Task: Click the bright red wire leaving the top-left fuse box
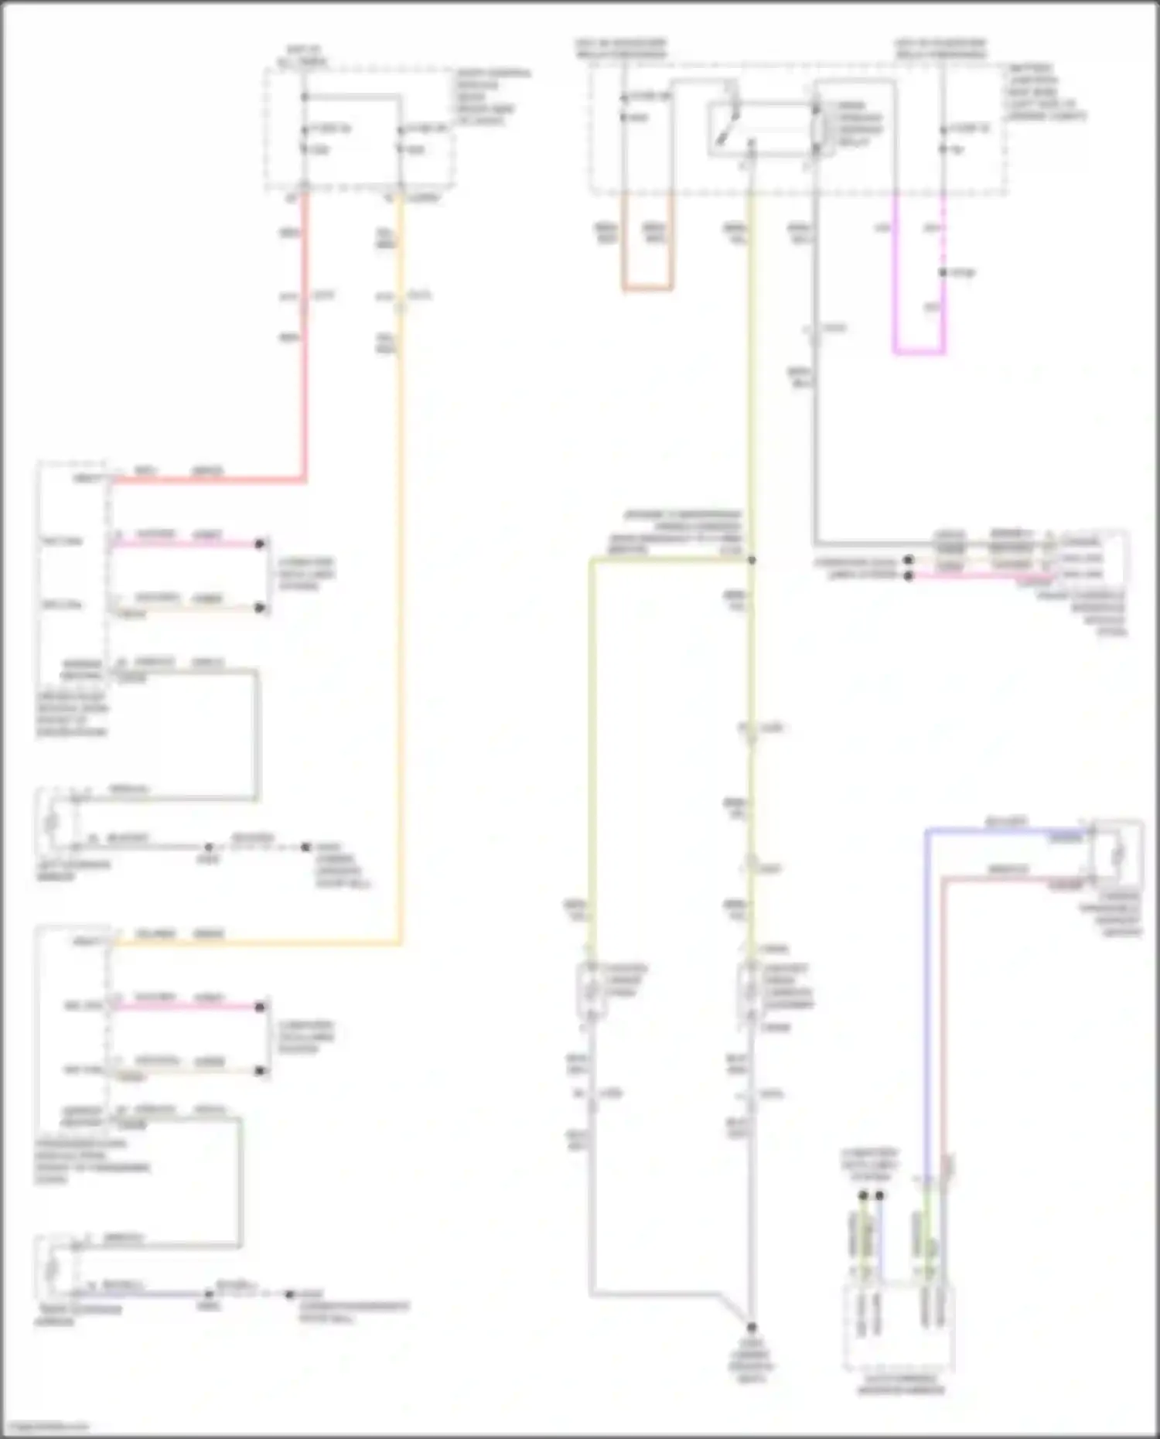point(305,348)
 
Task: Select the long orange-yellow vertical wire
point(400,619)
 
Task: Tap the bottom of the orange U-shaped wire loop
point(647,290)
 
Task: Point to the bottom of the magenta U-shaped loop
point(919,353)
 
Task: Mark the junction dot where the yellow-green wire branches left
point(751,560)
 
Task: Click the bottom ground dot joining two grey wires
point(751,1327)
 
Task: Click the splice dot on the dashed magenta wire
point(943,272)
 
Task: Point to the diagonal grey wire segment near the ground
point(735,1308)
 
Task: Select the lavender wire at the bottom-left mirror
point(139,1293)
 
